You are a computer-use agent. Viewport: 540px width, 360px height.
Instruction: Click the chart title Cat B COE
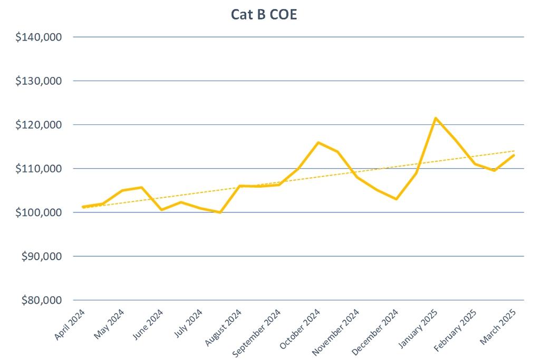click(264, 14)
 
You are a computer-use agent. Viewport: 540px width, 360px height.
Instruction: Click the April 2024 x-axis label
click(70, 324)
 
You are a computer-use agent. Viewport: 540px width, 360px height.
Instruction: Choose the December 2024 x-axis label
click(375, 329)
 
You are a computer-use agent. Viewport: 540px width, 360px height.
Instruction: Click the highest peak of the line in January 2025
click(436, 118)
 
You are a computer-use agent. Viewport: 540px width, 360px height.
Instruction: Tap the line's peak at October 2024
click(318, 142)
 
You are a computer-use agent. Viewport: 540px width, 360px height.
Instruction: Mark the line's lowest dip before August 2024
click(220, 212)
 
